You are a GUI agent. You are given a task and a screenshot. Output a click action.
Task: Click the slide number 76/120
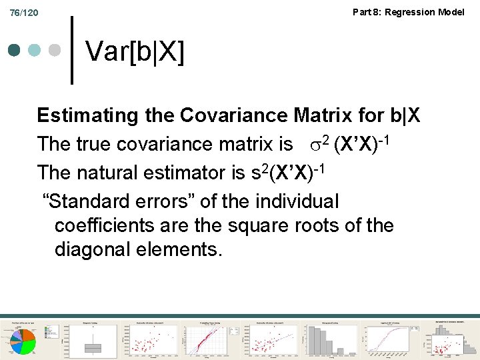24,13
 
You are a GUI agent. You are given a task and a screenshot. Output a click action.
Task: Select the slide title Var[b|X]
135,51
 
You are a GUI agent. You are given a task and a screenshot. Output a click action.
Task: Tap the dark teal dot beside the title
15,51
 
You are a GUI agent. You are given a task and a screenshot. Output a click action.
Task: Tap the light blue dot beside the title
35,51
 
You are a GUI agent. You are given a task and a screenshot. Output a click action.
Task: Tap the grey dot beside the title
55,51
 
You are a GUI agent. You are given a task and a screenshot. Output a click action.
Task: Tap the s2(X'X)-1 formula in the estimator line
287,172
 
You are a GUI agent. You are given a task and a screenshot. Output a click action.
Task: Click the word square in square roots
257,225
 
